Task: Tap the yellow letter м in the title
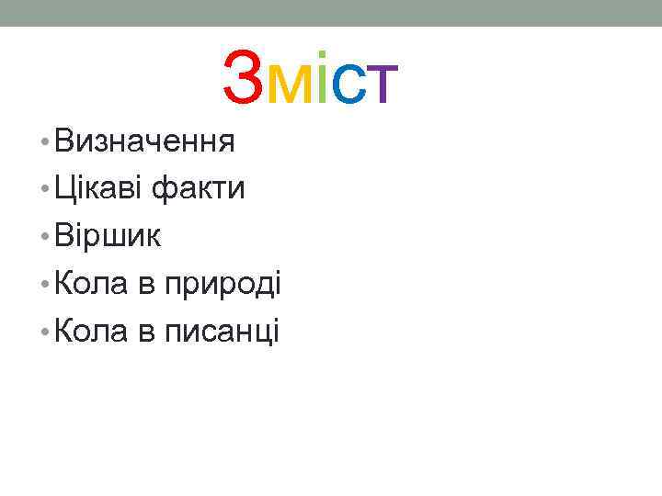point(293,85)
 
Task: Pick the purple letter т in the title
point(382,85)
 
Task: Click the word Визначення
point(145,142)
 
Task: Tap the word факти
point(199,190)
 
